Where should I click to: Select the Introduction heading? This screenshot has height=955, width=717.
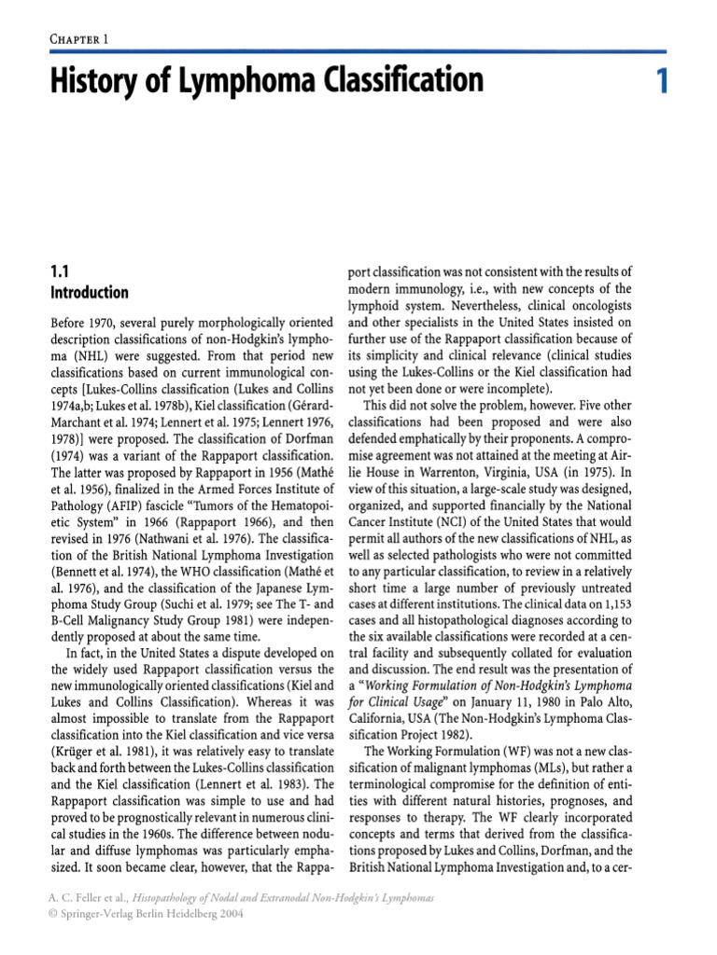[x=89, y=293]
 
